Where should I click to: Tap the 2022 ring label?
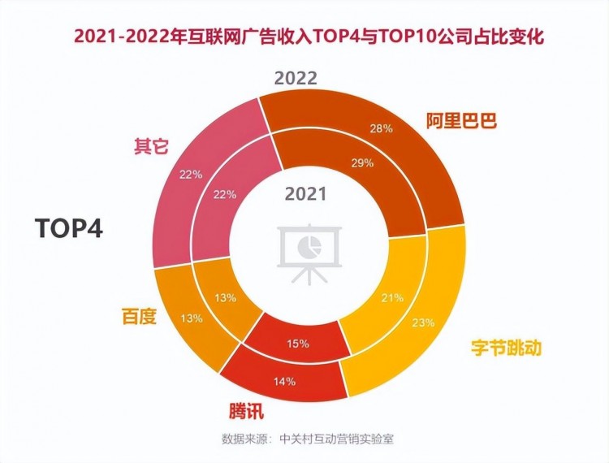pyautogui.click(x=296, y=78)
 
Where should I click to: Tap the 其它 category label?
pyautogui.click(x=150, y=147)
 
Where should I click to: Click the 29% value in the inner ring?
pyautogui.click(x=362, y=162)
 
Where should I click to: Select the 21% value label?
pyautogui.click(x=393, y=298)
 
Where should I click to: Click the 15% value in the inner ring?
pyautogui.click(x=298, y=344)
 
